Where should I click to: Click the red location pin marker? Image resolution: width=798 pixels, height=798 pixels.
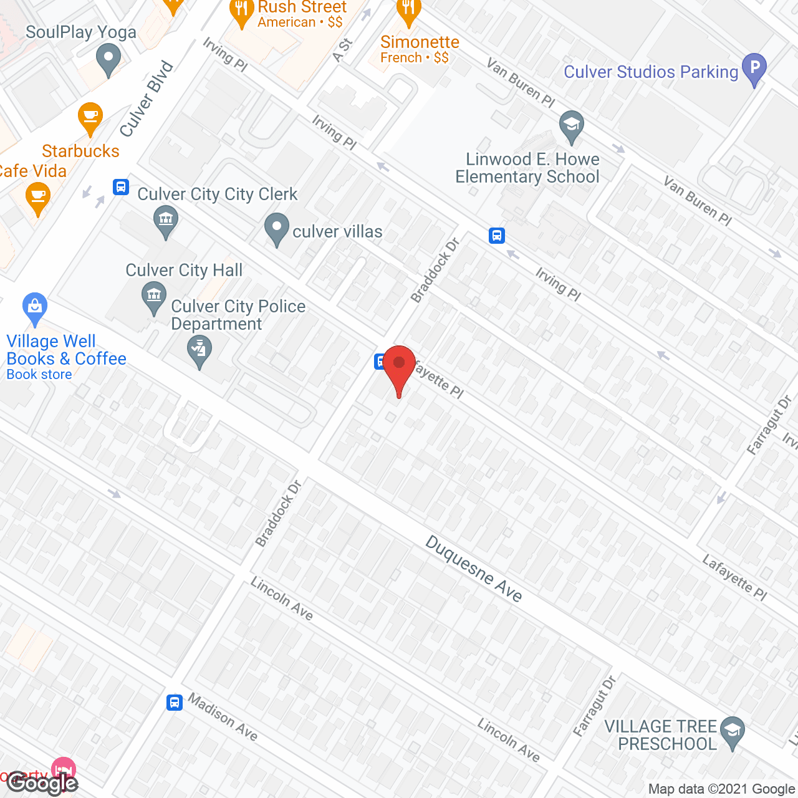(x=399, y=364)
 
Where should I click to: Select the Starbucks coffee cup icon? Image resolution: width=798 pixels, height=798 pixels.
(x=90, y=117)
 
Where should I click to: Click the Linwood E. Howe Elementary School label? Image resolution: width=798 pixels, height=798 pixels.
(x=527, y=168)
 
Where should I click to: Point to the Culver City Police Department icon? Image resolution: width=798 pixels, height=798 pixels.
(x=199, y=350)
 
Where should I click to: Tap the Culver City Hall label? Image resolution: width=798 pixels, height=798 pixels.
(x=184, y=270)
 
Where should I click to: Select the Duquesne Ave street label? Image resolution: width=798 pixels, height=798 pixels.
(x=474, y=569)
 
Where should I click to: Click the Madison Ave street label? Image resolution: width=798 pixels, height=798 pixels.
(x=223, y=717)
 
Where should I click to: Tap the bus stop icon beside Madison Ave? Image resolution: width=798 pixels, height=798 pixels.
(x=175, y=703)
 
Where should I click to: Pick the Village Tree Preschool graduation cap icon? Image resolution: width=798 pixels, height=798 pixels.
(x=732, y=730)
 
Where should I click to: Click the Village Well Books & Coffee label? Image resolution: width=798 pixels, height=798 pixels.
(x=66, y=350)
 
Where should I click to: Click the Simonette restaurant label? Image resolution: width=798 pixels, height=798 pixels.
(x=420, y=42)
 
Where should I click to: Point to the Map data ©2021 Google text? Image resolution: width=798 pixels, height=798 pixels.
(x=721, y=789)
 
